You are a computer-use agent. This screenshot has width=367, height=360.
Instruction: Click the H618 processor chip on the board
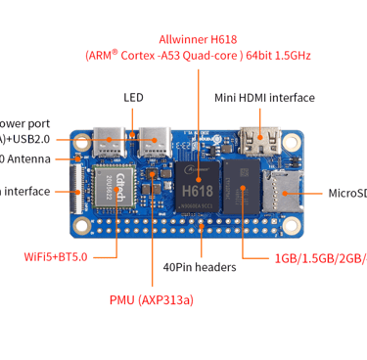(206, 183)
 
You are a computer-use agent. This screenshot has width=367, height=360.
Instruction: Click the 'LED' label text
(134, 98)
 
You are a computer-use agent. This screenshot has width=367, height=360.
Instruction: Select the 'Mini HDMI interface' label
(264, 98)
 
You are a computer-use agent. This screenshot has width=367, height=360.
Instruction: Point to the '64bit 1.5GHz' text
(279, 56)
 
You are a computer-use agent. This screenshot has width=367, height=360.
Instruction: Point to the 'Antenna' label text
(33, 158)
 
